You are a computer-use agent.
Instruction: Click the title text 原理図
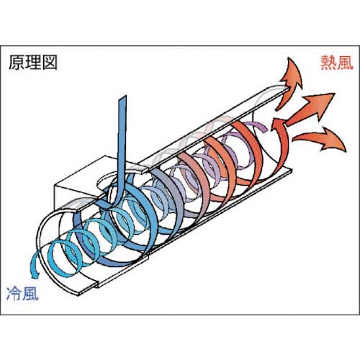click(x=33, y=62)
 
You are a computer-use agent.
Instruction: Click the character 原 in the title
click(x=17, y=62)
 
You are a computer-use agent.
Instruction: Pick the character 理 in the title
click(x=33, y=62)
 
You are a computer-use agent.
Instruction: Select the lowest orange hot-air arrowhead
click(x=332, y=138)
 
